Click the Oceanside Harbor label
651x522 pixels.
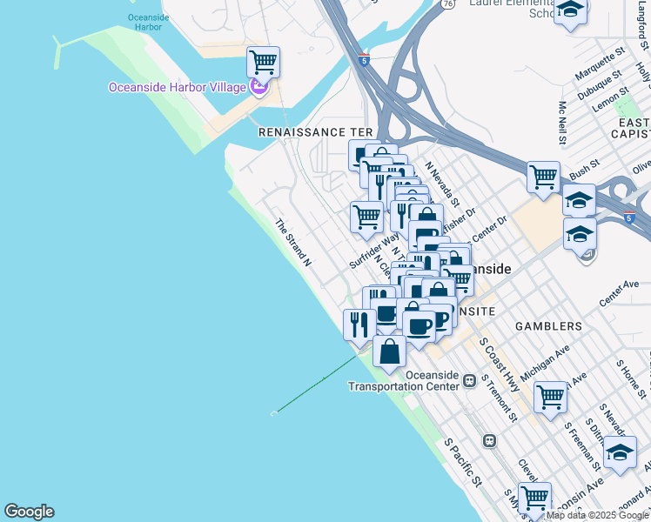pyautogui.click(x=144, y=22)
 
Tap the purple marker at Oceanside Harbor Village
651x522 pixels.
pyautogui.click(x=258, y=86)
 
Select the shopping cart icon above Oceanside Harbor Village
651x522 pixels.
pyautogui.click(x=263, y=63)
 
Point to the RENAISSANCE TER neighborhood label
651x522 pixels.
pyautogui.click(x=315, y=131)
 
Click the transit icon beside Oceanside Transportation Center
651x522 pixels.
pyautogui.click(x=470, y=380)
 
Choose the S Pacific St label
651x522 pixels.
pyautogui.click(x=463, y=462)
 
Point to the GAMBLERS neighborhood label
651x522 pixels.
pyautogui.click(x=547, y=326)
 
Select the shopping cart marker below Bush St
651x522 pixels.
pyautogui.click(x=543, y=177)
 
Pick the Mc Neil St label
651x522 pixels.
pyautogui.click(x=562, y=120)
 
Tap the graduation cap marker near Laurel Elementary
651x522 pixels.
pyautogui.click(x=570, y=11)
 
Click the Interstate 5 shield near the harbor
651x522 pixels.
pyautogui.click(x=364, y=59)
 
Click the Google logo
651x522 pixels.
pyautogui.click(x=29, y=512)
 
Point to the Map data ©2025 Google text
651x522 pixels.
pyautogui.click(x=597, y=515)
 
